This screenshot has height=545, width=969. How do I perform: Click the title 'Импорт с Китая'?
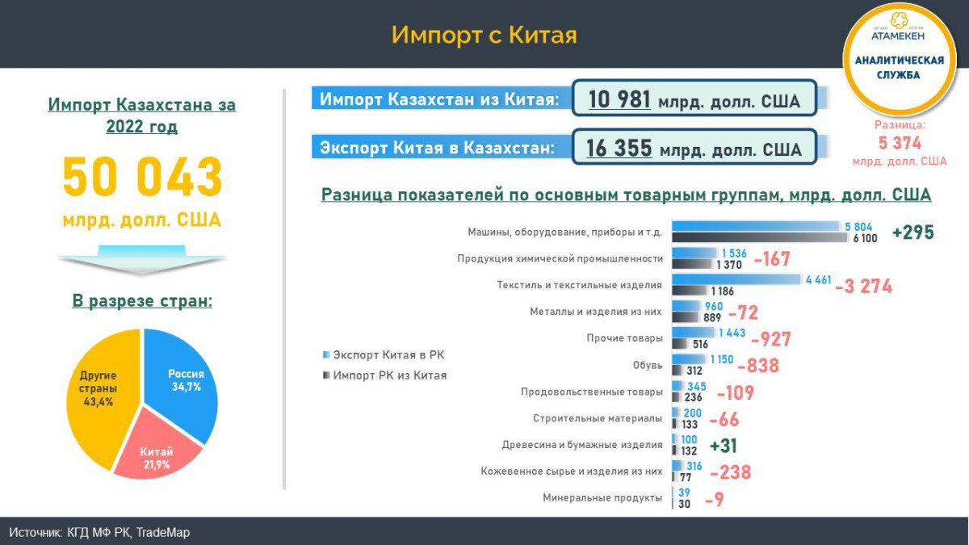coord(484,35)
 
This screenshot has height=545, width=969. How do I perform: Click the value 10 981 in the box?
coord(619,99)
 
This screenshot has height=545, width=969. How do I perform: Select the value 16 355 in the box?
coord(619,149)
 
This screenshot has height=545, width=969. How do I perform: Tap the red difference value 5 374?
coord(899,143)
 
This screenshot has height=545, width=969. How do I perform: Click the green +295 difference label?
coord(912,233)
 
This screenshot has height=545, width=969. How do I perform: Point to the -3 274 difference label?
coord(863,286)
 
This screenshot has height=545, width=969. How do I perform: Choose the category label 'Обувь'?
coord(648,365)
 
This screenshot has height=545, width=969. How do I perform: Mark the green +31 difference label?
coord(723,446)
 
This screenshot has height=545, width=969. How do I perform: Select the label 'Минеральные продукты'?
coord(602,498)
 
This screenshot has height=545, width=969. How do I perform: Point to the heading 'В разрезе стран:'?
coord(142,301)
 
